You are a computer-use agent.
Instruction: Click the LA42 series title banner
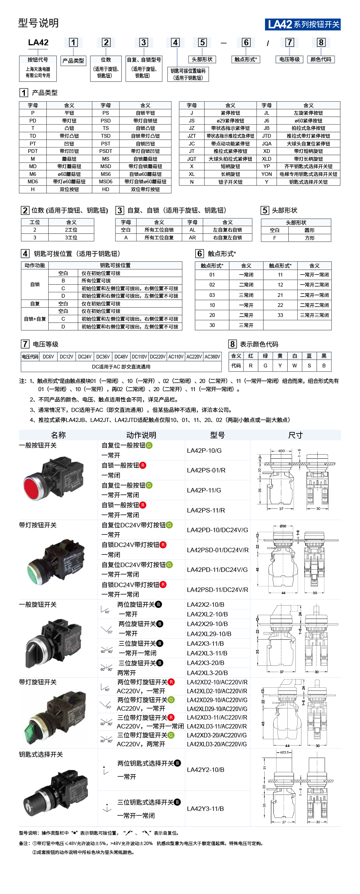tap(303, 24)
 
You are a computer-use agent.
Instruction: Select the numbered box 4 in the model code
tap(175, 42)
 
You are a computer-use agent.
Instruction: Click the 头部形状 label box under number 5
tap(202, 59)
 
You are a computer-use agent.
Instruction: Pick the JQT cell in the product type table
tap(192, 159)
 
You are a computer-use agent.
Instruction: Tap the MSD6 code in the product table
tap(105, 182)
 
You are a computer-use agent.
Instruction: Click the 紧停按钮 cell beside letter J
tap(230, 113)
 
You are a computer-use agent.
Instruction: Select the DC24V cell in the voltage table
tap(85, 357)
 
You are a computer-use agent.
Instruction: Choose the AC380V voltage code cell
tap(212, 357)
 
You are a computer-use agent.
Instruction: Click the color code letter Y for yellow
tap(280, 366)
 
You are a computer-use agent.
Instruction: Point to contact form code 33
tap(280, 315)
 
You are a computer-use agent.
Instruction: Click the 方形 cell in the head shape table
tap(310, 238)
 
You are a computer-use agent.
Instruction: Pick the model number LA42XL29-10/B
tap(209, 634)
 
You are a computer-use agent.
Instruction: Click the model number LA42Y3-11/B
tap(205, 809)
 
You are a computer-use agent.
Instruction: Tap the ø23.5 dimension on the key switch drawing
tap(284, 752)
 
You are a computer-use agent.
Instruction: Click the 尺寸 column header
tap(295, 435)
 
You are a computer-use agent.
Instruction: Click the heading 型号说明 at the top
tap(39, 23)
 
